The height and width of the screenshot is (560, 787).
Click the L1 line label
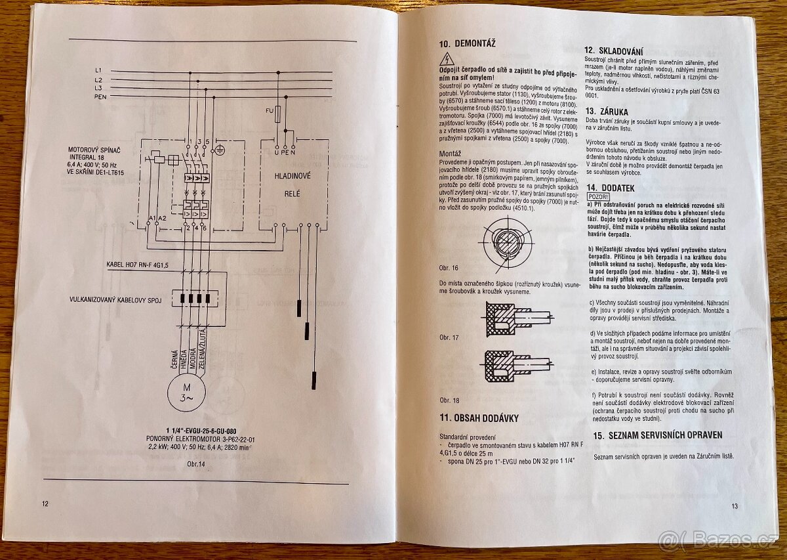coord(98,70)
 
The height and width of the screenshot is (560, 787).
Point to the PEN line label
coord(100,96)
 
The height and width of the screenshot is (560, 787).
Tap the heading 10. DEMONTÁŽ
coord(467,45)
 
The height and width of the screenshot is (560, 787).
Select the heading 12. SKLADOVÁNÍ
coord(614,51)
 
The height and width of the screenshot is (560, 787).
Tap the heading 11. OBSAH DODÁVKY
coord(479,418)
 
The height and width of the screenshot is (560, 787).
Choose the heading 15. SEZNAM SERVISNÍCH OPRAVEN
coord(658,435)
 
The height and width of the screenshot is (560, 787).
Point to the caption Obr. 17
coord(450,338)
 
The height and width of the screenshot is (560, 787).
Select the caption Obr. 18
coord(450,400)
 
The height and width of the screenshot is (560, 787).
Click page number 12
coord(45,504)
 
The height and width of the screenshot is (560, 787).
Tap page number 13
coord(735,506)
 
